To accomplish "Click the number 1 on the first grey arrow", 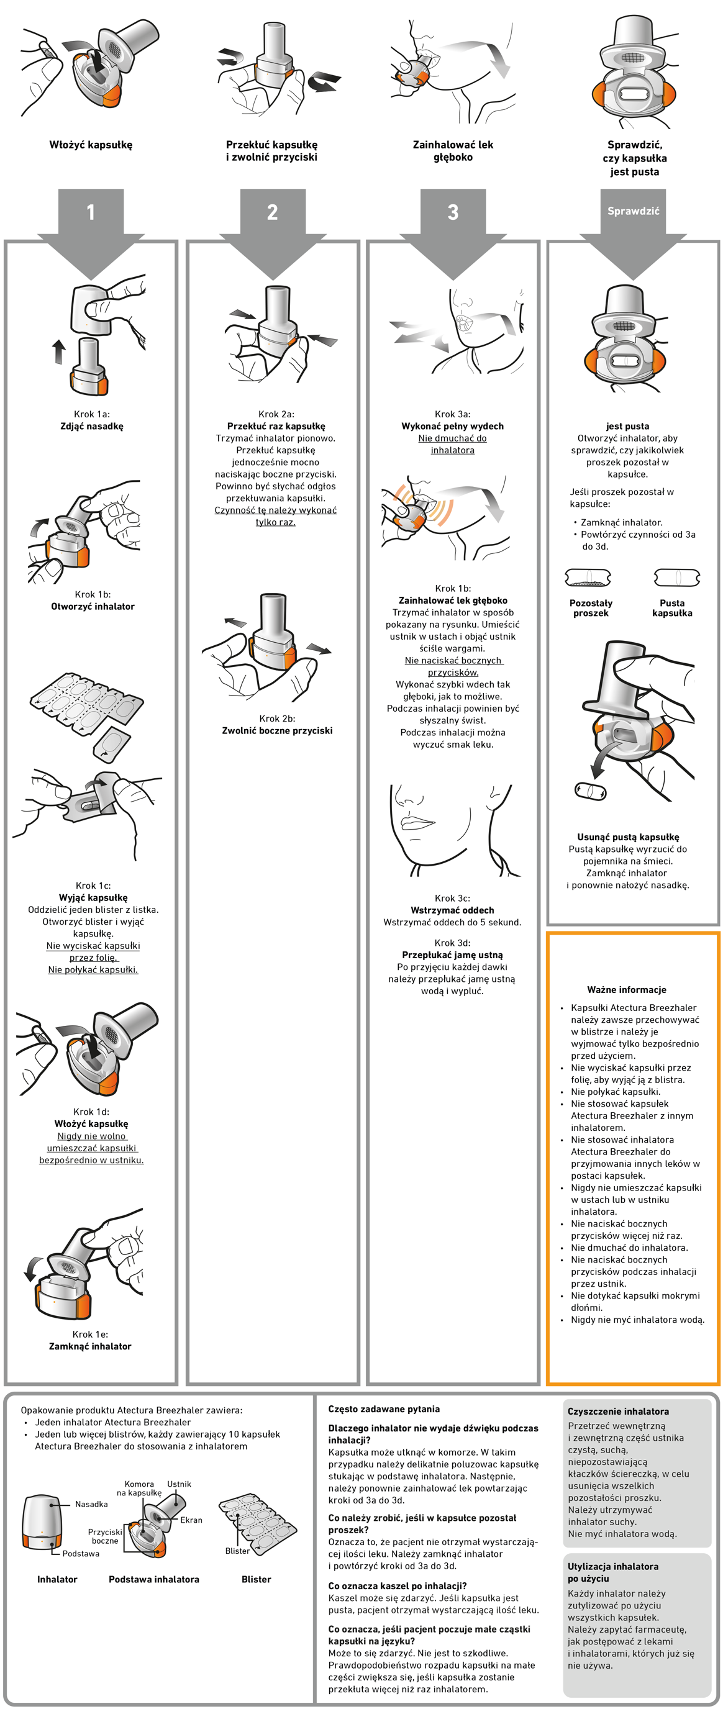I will coord(91,212).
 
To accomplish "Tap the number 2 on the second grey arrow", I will coord(272,212).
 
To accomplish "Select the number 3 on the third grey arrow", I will coord(453,212).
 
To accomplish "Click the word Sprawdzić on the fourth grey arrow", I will coord(634,211).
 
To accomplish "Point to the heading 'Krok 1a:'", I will coord(91,414).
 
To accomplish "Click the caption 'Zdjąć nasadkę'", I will coord(91,427).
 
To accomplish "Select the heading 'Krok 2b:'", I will coord(276,719).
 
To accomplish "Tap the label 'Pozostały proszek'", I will coord(590,608).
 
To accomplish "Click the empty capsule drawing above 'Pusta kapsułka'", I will coord(676,578).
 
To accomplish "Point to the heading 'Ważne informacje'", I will coord(626,990).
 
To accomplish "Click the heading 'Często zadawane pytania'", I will coord(383,1409).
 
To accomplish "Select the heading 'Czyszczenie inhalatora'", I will coord(617,1412).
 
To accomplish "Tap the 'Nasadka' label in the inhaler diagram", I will coord(91,1504).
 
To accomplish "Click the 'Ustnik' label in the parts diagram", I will coord(178,1484).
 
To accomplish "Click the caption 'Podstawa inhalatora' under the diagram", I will coord(153,1580).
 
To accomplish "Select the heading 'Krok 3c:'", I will coord(452,899).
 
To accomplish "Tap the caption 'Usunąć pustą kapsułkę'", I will coord(627,837).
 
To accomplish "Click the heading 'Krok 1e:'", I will coord(90,1334).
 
